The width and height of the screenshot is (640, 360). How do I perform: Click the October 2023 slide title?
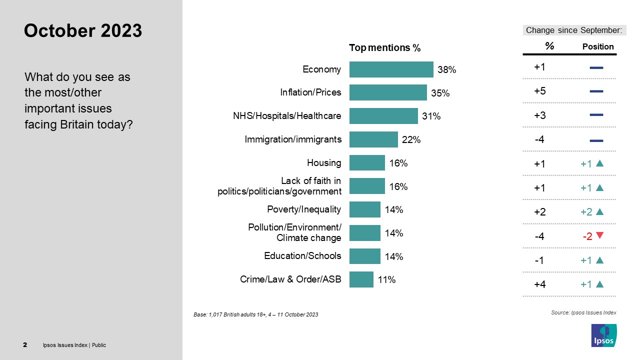(83, 31)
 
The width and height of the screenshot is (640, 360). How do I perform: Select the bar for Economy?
(391, 69)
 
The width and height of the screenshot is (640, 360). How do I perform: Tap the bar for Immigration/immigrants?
(373, 139)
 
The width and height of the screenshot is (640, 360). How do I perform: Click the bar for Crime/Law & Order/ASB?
(361, 279)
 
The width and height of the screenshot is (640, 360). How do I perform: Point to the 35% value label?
(440, 93)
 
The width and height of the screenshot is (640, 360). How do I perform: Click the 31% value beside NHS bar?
(431, 116)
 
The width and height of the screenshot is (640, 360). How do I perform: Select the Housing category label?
(324, 162)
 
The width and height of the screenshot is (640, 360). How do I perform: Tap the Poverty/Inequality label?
(304, 209)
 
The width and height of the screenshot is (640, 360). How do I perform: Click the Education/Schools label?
(302, 255)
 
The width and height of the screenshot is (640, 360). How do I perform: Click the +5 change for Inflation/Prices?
(539, 91)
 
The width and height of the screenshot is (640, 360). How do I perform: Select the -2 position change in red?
(587, 236)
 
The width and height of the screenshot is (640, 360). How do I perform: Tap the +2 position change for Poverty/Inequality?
(586, 212)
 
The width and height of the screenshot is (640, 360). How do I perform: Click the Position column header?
(598, 46)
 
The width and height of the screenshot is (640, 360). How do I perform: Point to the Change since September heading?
(574, 30)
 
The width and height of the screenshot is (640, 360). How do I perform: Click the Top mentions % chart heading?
(384, 48)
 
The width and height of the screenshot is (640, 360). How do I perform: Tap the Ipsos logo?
(603, 335)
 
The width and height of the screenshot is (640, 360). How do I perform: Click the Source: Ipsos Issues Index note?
(583, 312)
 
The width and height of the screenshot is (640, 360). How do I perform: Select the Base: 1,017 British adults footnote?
(255, 314)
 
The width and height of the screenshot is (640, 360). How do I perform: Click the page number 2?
(25, 345)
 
